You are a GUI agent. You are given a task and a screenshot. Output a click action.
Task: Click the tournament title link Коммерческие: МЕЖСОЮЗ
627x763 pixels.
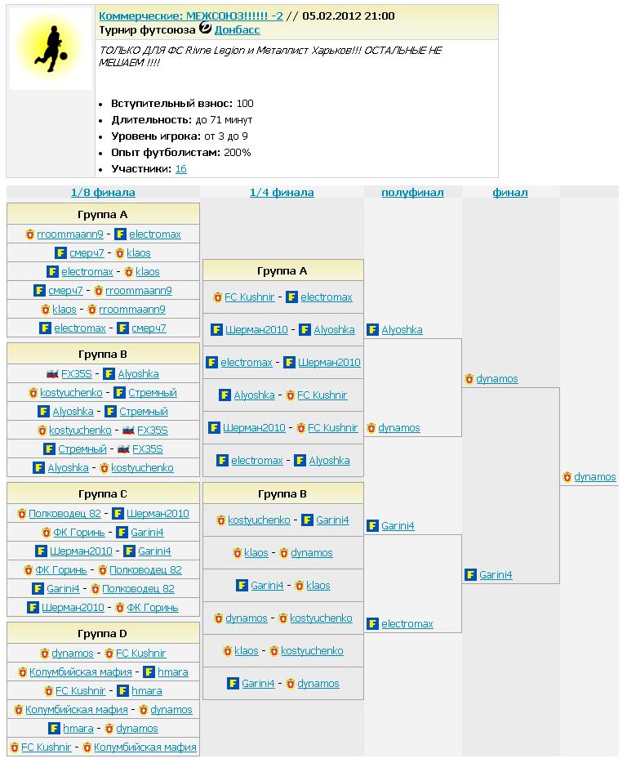[x=190, y=16]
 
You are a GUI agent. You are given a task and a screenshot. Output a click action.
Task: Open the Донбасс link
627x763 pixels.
[x=237, y=29]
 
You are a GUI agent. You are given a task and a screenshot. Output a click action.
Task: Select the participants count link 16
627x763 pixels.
[x=181, y=168]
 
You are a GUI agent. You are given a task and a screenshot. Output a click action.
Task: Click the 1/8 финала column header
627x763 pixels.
[x=103, y=193]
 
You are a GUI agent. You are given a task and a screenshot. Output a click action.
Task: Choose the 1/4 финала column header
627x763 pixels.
[x=282, y=193]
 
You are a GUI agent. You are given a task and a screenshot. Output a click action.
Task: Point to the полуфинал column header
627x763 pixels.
[x=412, y=193]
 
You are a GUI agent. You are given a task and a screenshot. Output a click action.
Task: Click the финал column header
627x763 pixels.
[x=510, y=193]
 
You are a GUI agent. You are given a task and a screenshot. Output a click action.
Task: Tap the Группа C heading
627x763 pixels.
[x=103, y=493]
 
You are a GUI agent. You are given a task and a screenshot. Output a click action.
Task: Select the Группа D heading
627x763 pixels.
[x=103, y=633]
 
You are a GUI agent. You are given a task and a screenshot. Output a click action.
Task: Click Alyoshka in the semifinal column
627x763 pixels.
[x=402, y=330]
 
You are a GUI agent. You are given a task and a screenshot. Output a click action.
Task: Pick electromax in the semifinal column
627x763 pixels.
[x=407, y=624]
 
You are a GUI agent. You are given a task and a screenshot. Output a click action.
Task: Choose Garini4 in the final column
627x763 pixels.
[x=496, y=575]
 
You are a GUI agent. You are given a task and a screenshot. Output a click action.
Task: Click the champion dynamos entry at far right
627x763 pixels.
[x=595, y=477]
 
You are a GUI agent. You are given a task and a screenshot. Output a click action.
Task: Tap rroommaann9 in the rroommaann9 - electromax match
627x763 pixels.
[x=70, y=234]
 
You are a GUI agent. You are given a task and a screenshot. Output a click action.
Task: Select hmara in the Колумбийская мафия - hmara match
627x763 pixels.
[x=173, y=672]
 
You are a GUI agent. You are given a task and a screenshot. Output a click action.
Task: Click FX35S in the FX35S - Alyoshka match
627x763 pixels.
[x=77, y=374]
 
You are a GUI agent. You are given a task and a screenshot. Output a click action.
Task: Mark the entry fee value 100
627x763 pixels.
[x=245, y=104]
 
